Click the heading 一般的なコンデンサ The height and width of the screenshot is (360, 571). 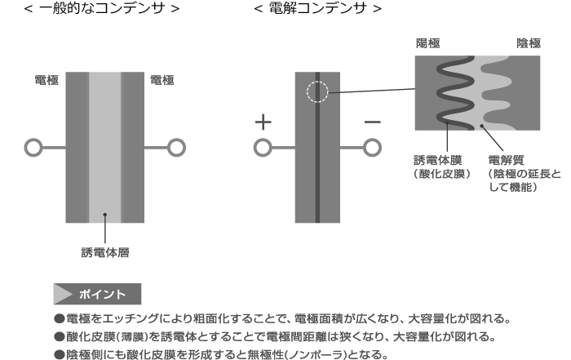tap(102, 8)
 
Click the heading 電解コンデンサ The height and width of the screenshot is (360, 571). tap(317, 8)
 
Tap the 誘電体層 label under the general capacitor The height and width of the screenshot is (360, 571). tap(105, 252)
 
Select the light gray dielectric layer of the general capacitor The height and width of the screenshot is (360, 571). tap(105, 147)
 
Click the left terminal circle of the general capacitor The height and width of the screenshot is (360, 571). tap(33, 148)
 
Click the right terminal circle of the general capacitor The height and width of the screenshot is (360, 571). tap(177, 148)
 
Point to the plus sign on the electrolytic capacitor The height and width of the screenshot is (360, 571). tap(263, 122)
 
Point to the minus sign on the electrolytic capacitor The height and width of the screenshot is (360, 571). tap(372, 122)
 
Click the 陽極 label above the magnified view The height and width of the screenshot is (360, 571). tap(428, 43)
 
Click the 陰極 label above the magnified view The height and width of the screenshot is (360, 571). tap(529, 43)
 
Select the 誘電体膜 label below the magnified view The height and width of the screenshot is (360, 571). tap(438, 160)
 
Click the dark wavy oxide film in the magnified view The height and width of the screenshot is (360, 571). tap(454, 93)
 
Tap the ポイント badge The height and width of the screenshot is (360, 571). tap(97, 294)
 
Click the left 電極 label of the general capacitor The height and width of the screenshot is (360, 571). tap(46, 80)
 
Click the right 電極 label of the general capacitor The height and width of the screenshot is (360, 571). tap(162, 80)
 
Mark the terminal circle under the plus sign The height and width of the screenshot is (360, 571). tap(263, 148)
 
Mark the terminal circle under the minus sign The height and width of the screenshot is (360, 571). tap(372, 148)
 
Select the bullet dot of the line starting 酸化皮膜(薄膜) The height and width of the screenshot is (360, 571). tap(60, 336)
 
